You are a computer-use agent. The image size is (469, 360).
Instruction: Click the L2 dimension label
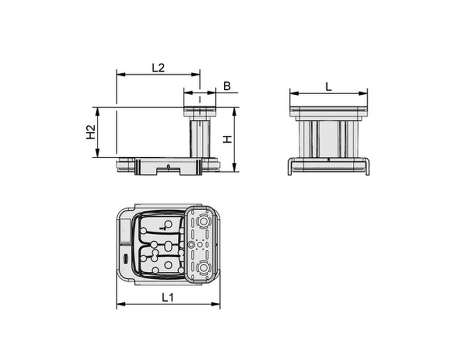pyautogui.click(x=158, y=68)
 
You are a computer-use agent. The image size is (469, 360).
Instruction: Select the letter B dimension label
pyautogui.click(x=227, y=86)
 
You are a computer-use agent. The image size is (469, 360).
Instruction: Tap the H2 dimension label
pyautogui.click(x=90, y=132)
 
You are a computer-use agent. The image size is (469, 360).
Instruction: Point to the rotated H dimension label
pyautogui.click(x=228, y=140)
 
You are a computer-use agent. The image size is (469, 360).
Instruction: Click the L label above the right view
pyautogui.click(x=329, y=87)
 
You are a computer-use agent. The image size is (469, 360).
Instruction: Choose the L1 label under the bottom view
pyautogui.click(x=168, y=297)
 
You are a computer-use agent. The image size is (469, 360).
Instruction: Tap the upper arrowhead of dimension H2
pyautogui.click(x=97, y=111)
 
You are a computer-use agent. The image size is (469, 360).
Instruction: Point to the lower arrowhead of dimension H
pyautogui.click(x=234, y=167)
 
